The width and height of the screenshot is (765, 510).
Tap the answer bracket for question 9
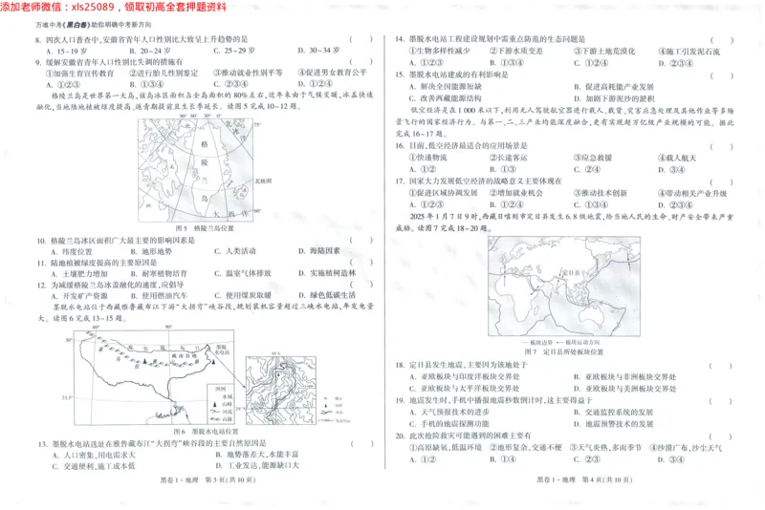point(355,60)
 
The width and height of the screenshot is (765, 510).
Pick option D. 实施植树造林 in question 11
point(331,272)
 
